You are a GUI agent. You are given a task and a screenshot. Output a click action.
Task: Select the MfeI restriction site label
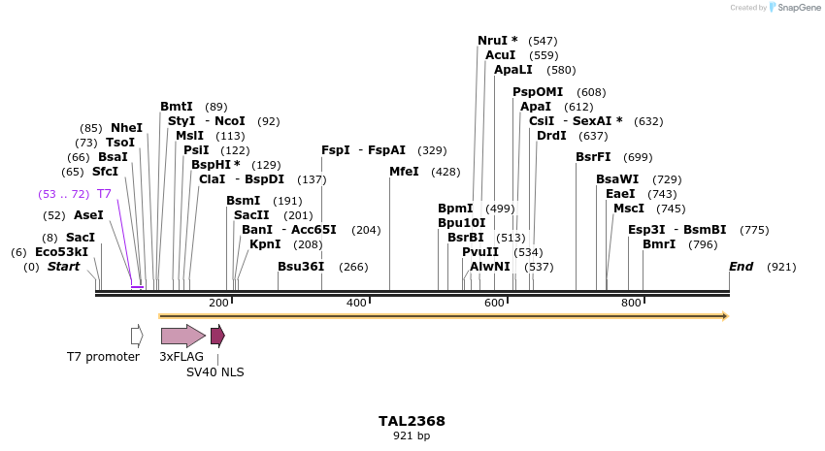(404, 172)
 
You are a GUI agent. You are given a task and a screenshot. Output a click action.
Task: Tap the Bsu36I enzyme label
(301, 267)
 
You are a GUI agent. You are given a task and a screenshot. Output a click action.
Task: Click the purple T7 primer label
(104, 194)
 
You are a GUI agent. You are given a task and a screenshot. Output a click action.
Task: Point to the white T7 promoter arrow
(137, 336)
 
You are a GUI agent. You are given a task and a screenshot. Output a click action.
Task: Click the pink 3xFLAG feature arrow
(182, 336)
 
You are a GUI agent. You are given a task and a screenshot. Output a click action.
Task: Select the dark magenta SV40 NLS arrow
(217, 336)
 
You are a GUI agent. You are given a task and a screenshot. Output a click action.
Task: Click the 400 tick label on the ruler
(356, 304)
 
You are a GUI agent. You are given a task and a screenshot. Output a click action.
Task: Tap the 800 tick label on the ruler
(632, 304)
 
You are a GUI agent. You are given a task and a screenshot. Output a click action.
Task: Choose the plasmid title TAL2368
(412, 421)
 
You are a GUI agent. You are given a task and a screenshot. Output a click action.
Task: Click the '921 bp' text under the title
(412, 435)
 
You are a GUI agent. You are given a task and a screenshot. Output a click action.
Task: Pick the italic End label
(742, 267)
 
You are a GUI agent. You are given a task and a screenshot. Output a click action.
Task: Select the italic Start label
(64, 267)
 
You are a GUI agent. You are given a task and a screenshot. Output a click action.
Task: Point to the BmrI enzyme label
(659, 244)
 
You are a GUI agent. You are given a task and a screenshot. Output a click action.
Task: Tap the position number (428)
(445, 172)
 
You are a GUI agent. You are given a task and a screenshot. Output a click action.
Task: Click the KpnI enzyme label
(265, 244)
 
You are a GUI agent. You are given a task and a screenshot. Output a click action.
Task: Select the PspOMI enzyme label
(538, 92)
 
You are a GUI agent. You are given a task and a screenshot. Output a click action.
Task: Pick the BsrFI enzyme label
(593, 157)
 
